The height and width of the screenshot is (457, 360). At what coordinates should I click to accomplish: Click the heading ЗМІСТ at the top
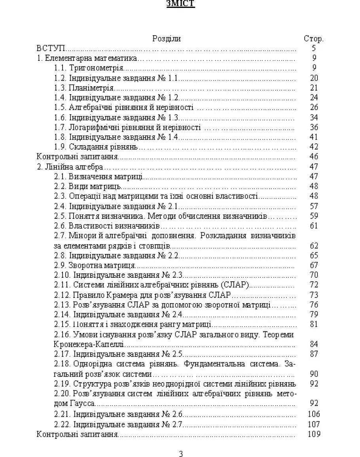click(180, 4)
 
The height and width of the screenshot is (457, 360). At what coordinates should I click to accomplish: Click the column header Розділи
click(167, 39)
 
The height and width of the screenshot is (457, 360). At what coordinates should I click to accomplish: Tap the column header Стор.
click(314, 39)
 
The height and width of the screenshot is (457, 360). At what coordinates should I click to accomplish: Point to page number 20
click(314, 78)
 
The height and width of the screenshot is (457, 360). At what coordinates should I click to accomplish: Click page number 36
click(314, 127)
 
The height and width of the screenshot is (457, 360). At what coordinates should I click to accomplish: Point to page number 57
click(314, 206)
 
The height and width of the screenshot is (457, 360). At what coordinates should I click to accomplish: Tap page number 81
click(314, 324)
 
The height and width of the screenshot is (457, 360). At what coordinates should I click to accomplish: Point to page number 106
click(314, 414)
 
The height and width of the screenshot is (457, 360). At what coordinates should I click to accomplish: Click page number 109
click(314, 434)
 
